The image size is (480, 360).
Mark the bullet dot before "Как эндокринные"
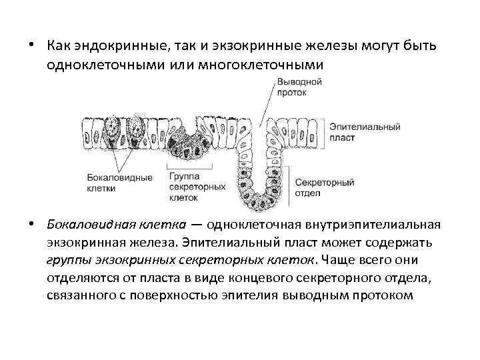31,45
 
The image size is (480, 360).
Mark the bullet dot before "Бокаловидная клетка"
31,224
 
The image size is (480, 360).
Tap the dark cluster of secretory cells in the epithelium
195,141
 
